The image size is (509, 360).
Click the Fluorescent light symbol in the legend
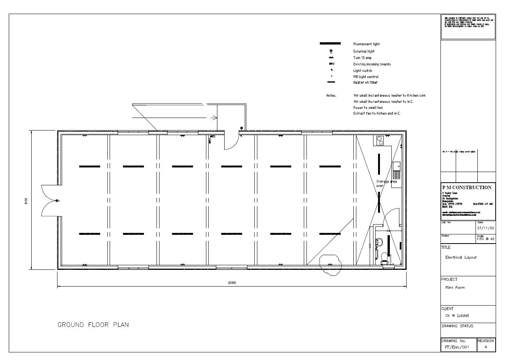[330, 44]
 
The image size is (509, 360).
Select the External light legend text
[364, 51]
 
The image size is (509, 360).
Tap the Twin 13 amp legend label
[362, 58]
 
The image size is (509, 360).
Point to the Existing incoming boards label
[372, 64]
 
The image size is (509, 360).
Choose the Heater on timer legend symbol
[331, 82]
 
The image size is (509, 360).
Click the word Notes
[331, 96]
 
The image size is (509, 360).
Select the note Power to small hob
[368, 108]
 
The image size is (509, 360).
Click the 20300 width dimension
[231, 283]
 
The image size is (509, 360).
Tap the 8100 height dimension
[26, 201]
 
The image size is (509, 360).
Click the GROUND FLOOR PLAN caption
[93, 325]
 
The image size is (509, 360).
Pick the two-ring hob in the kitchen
[380, 140]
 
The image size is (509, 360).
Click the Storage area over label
[386, 183]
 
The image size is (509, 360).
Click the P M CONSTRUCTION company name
[467, 188]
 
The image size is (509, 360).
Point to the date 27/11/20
[485, 228]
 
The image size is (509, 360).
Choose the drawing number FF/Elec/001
[457, 347]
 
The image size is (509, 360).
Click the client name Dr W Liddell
[457, 315]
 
